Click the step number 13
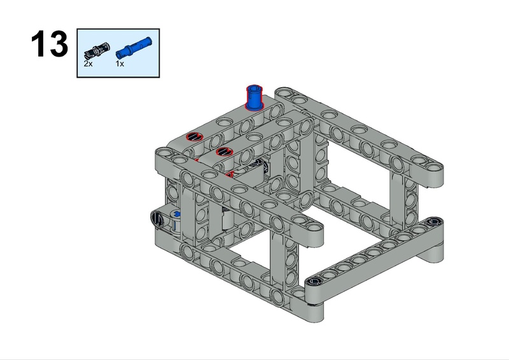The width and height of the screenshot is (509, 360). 50,44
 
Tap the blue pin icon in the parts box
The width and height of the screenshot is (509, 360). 134,48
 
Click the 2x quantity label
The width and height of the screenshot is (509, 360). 88,64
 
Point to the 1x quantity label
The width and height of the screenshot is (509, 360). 120,64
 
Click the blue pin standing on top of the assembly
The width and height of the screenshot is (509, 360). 254,97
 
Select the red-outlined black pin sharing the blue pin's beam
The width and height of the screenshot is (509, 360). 195,137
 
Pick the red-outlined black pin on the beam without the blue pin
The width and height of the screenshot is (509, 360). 225,151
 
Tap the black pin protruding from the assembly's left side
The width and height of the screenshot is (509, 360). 157,218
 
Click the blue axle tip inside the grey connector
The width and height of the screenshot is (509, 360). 177,214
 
